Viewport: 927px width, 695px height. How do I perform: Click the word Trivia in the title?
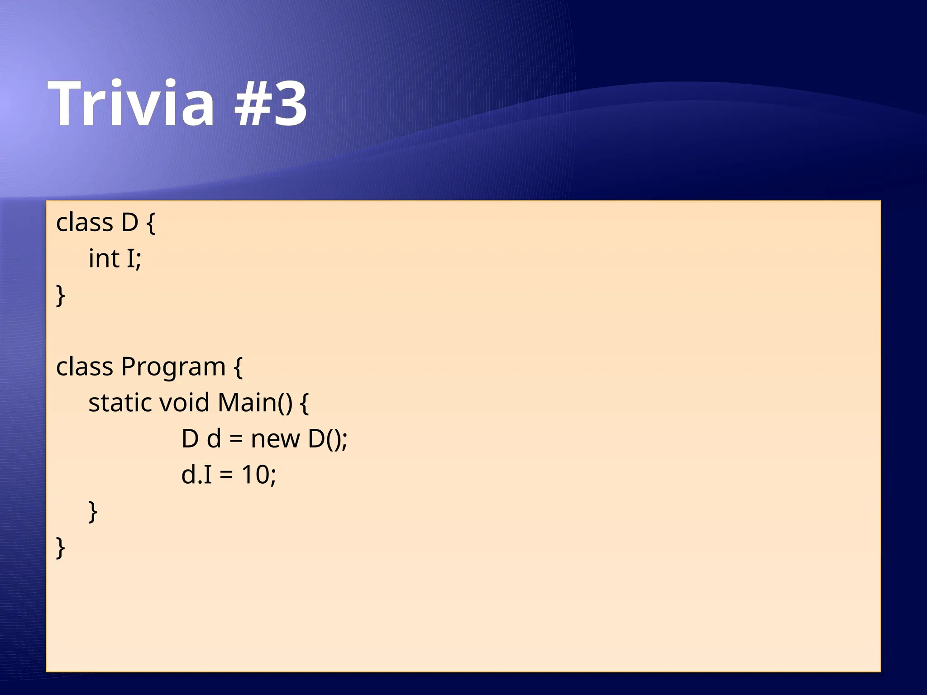pos(131,103)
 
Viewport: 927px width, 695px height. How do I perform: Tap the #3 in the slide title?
pos(271,103)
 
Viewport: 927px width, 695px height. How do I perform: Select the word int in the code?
pos(104,259)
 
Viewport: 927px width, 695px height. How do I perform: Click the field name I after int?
pos(131,259)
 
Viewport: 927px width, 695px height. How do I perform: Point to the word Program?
pos(173,367)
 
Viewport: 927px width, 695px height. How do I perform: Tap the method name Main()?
pos(255,403)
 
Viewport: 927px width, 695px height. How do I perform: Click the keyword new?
pos(275,439)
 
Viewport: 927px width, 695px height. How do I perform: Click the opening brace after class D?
pos(151,223)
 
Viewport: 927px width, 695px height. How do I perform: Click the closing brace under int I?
pos(61,296)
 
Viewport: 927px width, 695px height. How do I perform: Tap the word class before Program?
pos(84,367)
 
